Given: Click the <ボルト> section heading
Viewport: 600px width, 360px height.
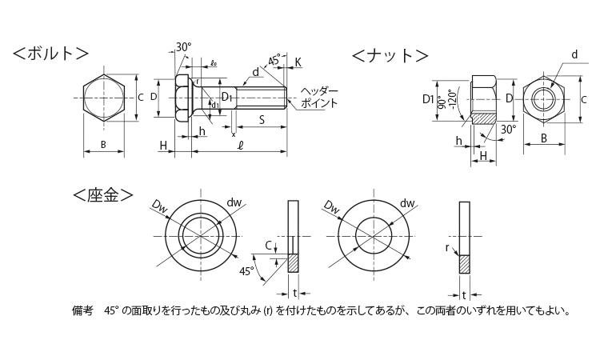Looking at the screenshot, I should [x=50, y=54].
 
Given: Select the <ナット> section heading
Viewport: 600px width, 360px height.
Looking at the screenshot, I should [x=390, y=55].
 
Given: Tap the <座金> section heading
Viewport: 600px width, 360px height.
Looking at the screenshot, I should [x=102, y=194].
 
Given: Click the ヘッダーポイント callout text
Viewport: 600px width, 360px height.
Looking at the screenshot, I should [x=319, y=98].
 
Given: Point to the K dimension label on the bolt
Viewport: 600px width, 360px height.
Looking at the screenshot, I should [x=298, y=62].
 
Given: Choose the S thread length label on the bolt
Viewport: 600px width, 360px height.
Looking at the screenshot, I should [x=262, y=120].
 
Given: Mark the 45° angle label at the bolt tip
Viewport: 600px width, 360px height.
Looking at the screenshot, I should [x=274, y=61].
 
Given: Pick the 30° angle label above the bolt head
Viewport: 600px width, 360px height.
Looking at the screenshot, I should [x=183, y=47].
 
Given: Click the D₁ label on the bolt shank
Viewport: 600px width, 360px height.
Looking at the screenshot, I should [x=227, y=98].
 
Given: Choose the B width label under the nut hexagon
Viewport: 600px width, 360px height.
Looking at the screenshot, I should [x=543, y=138].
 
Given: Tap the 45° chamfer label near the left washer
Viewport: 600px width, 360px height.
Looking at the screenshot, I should [x=246, y=272].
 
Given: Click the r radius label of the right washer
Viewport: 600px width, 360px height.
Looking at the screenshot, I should [x=448, y=248].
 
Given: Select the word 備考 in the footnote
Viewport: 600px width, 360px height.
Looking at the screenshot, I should [x=82, y=310].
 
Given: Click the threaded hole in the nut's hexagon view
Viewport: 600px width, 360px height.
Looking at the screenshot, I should [x=544, y=101].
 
